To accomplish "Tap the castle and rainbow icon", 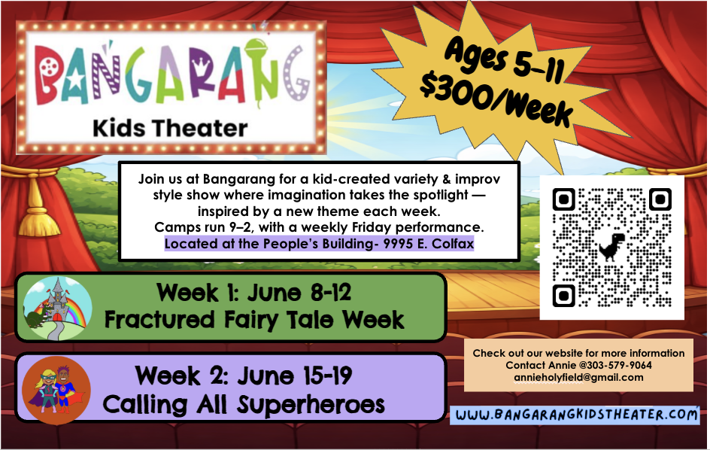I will [x=57, y=307].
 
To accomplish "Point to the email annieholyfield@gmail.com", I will [x=578, y=377].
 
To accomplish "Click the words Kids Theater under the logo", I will [x=170, y=127].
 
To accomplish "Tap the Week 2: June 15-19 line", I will [x=244, y=374].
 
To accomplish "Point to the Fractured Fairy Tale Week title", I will [x=254, y=320].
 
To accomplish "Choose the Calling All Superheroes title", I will [x=244, y=405].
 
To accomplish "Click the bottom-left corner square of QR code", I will [x=565, y=294].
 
